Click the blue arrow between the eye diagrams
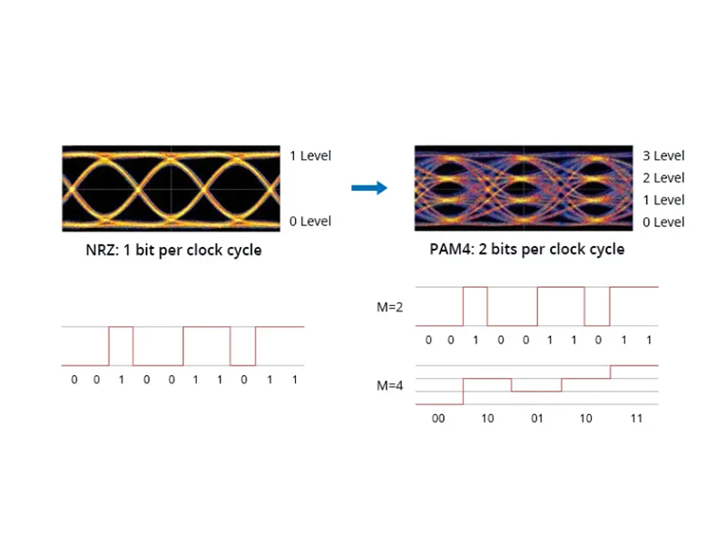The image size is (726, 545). [x=368, y=188]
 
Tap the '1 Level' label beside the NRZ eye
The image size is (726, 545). [x=309, y=155]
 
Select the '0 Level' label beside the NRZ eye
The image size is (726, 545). [x=309, y=221]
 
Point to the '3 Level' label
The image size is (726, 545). [x=662, y=156]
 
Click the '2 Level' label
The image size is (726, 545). [x=662, y=178]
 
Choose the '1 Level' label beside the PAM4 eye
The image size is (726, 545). [x=662, y=200]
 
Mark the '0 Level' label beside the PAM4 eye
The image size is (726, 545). [x=662, y=222]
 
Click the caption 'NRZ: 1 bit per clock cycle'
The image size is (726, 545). [x=170, y=249]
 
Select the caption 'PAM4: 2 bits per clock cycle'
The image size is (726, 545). [x=526, y=249]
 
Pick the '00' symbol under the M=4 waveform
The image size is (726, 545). [x=438, y=419]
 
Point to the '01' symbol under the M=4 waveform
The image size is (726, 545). [x=537, y=419]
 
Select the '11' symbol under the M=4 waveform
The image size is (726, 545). [x=635, y=419]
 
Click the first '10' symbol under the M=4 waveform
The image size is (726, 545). [x=487, y=419]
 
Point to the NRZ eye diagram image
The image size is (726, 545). [x=171, y=188]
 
